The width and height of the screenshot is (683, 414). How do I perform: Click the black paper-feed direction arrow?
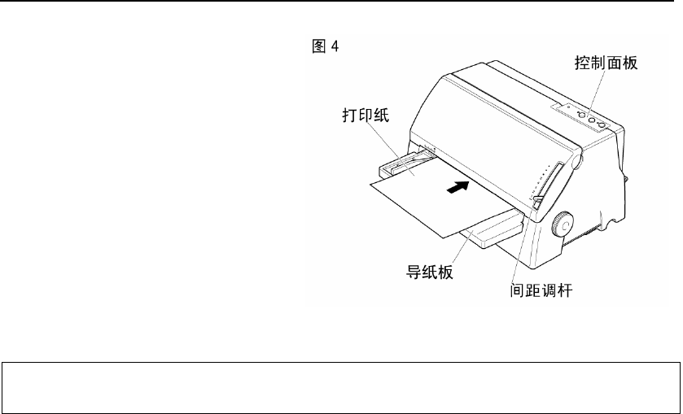[x=458, y=187]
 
